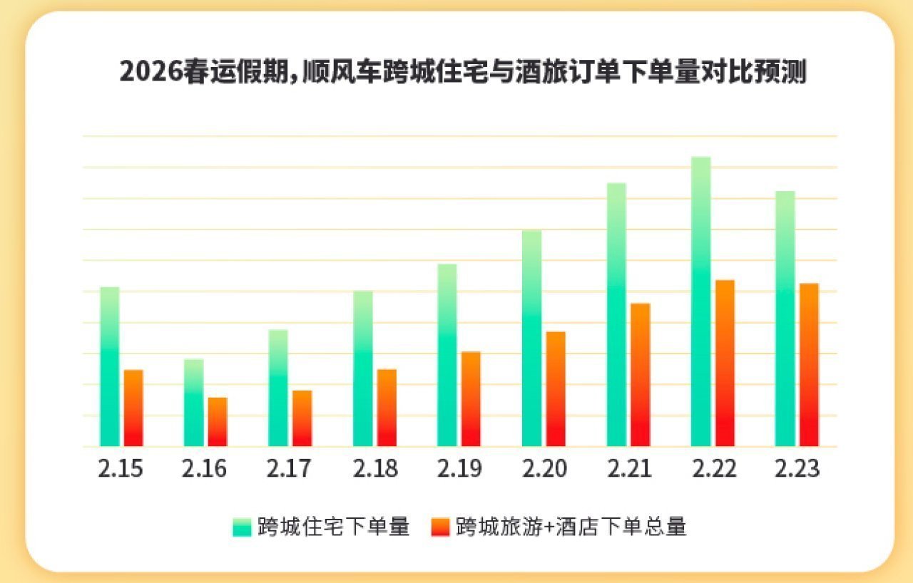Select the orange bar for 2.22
(x=725, y=363)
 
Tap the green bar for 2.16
(x=193, y=403)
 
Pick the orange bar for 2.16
(x=218, y=422)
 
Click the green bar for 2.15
(x=109, y=367)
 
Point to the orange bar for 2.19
(x=471, y=399)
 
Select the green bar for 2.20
(x=531, y=339)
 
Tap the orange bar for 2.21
(x=641, y=375)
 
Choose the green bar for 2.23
(x=785, y=319)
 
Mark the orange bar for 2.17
(x=302, y=418)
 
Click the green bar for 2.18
(x=362, y=368)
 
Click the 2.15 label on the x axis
(x=121, y=469)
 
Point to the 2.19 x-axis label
(x=459, y=469)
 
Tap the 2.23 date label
(x=797, y=469)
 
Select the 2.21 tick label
(x=628, y=469)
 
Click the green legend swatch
(x=242, y=527)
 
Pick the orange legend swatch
(x=441, y=527)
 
